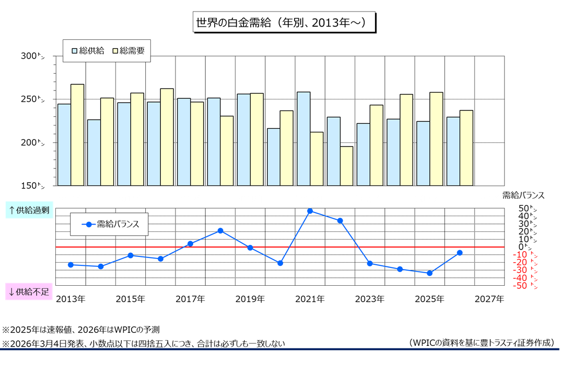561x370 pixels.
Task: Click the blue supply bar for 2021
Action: (303, 139)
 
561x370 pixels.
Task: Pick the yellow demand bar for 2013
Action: (77, 135)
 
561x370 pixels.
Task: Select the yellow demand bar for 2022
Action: (346, 166)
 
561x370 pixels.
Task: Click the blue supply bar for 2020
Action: (273, 157)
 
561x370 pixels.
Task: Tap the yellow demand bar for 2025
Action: (436, 139)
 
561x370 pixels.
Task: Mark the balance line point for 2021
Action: (310, 211)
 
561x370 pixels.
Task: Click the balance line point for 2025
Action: (429, 273)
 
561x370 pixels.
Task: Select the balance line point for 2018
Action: (220, 231)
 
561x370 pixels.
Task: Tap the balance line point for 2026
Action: (460, 253)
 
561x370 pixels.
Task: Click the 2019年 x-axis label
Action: (250, 299)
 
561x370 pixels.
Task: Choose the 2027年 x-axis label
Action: (489, 299)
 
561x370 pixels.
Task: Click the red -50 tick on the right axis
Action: (522, 285)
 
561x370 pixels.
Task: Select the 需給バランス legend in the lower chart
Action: (110, 224)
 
